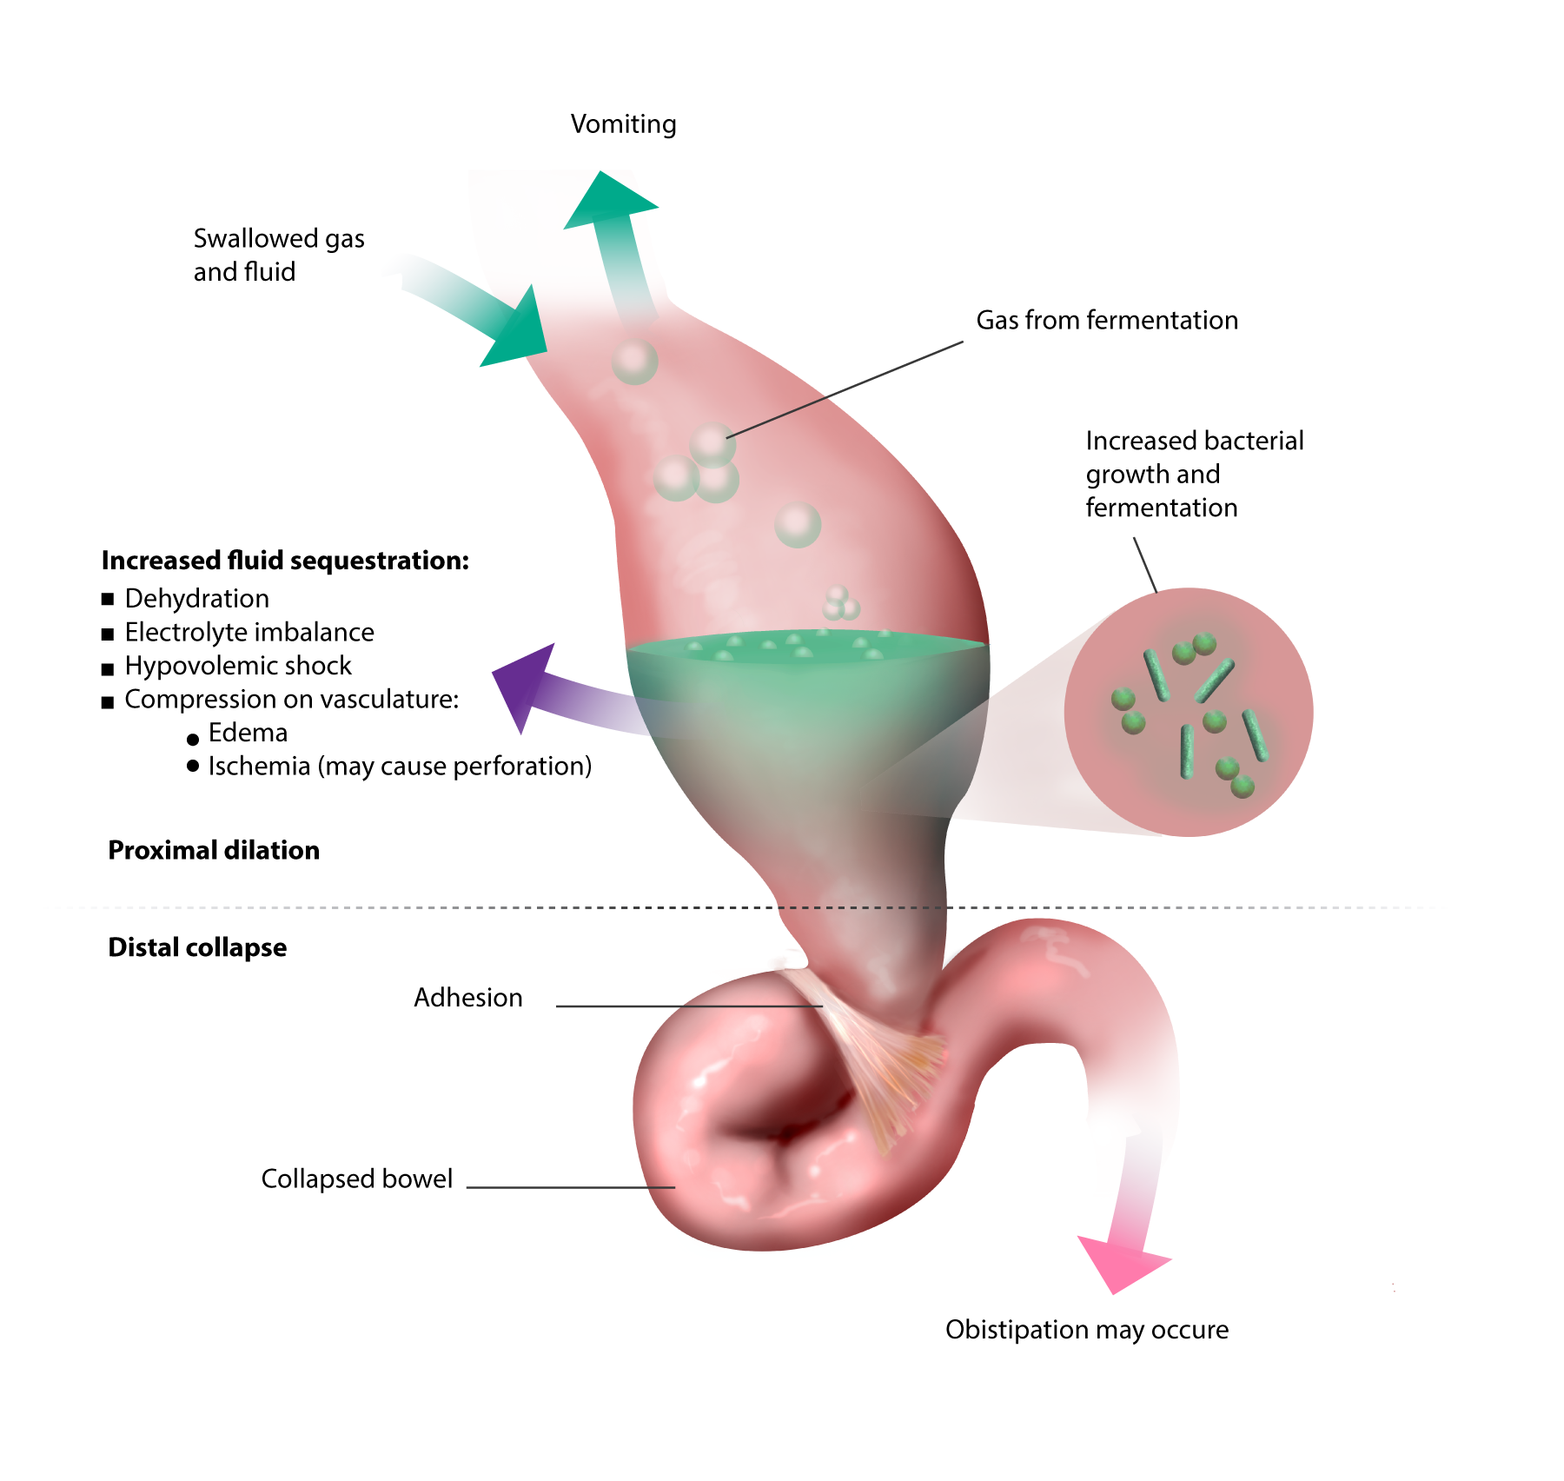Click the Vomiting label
[x=623, y=124]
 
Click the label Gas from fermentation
[x=1106, y=321]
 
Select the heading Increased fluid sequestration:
[x=285, y=561]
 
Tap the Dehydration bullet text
[x=196, y=599]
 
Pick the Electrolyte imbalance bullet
[x=249, y=633]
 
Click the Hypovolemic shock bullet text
[x=237, y=666]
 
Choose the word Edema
[x=248, y=733]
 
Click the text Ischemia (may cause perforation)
[x=399, y=767]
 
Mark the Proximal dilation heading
[x=214, y=850]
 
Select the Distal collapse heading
[x=197, y=947]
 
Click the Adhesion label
[x=467, y=998]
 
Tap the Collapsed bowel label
[x=356, y=1179]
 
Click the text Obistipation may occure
[x=1086, y=1330]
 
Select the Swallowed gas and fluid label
[x=278, y=255]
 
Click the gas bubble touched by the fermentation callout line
[x=712, y=444]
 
